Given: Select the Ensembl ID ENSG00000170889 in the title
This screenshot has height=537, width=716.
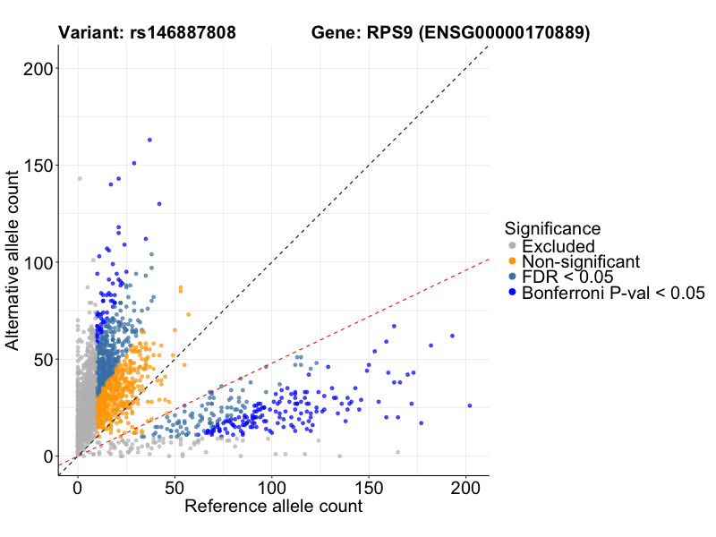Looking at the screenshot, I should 505,33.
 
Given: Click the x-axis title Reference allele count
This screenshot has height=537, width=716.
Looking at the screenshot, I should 273,507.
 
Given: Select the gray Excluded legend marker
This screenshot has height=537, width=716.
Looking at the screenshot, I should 512,246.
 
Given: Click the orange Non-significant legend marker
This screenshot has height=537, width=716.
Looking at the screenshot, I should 512,261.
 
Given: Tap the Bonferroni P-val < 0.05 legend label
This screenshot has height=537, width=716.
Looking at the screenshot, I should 613,293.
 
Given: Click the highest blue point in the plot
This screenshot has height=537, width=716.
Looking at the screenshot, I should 149,140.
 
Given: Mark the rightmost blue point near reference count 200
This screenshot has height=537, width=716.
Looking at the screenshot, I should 469,405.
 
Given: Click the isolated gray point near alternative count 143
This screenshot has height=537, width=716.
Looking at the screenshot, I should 79,179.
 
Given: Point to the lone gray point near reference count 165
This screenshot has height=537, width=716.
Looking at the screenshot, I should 398,452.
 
